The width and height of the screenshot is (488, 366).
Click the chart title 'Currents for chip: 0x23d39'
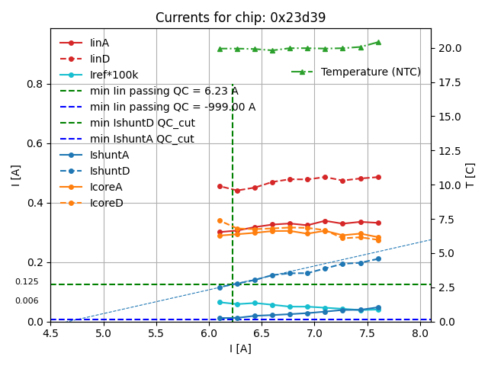pyautogui.click(x=240, y=18)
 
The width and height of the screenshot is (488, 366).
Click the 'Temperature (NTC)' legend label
pyautogui.click(x=371, y=72)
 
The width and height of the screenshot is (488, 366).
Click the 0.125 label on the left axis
pyautogui.click(x=27, y=282)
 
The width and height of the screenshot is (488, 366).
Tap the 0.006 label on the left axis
pyautogui.click(x=27, y=301)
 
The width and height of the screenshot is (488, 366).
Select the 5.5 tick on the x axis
pyautogui.click(x=156, y=334)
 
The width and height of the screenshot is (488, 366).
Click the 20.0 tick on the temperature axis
pyautogui.click(x=450, y=48)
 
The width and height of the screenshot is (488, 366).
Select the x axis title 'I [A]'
pyautogui.click(x=240, y=349)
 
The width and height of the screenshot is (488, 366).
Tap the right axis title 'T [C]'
pyautogui.click(x=470, y=175)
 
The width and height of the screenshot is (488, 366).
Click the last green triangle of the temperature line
pyautogui.click(x=378, y=42)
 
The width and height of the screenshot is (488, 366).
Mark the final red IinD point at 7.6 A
pyautogui.click(x=378, y=177)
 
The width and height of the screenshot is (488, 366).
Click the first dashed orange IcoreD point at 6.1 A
pyautogui.click(x=220, y=220)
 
